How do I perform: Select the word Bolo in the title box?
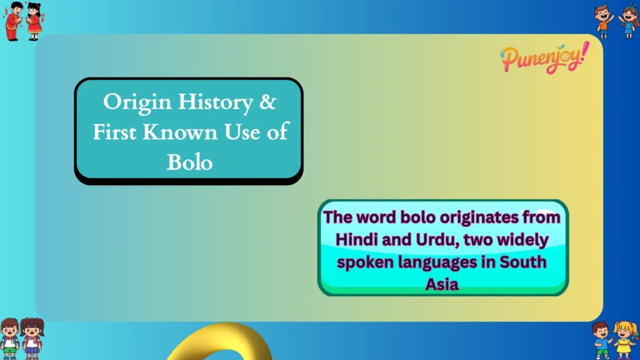(x=189, y=162)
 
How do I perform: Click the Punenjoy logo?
(x=544, y=58)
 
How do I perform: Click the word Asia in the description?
(x=442, y=284)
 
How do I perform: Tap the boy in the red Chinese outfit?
(x=13, y=20)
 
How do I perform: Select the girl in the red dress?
(x=34, y=21)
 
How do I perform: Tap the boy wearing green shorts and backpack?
(x=9, y=339)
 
